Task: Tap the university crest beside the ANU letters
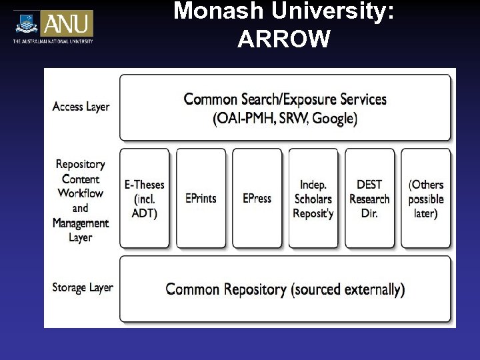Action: tap(27, 23)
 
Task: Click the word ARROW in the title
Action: tap(283, 40)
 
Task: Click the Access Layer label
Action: tap(81, 107)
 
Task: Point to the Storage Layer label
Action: tap(83, 288)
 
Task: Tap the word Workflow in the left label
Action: tap(81, 193)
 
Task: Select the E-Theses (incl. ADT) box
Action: tap(145, 198)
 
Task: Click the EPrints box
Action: tap(201, 198)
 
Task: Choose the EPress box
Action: tap(257, 198)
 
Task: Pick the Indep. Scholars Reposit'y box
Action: tap(313, 198)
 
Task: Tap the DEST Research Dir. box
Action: tap(369, 198)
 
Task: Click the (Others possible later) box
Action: tap(425, 198)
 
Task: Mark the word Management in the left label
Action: tap(81, 223)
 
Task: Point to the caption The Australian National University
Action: tap(53, 41)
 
